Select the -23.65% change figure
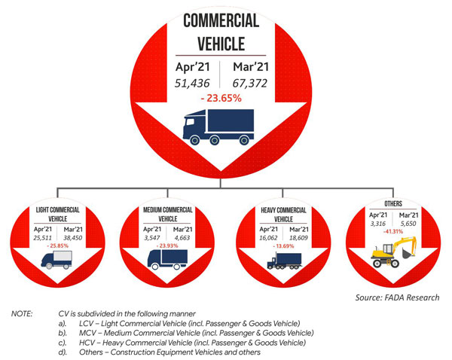(x=223, y=99)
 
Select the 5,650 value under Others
(x=407, y=223)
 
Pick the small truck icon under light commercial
(x=58, y=261)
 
